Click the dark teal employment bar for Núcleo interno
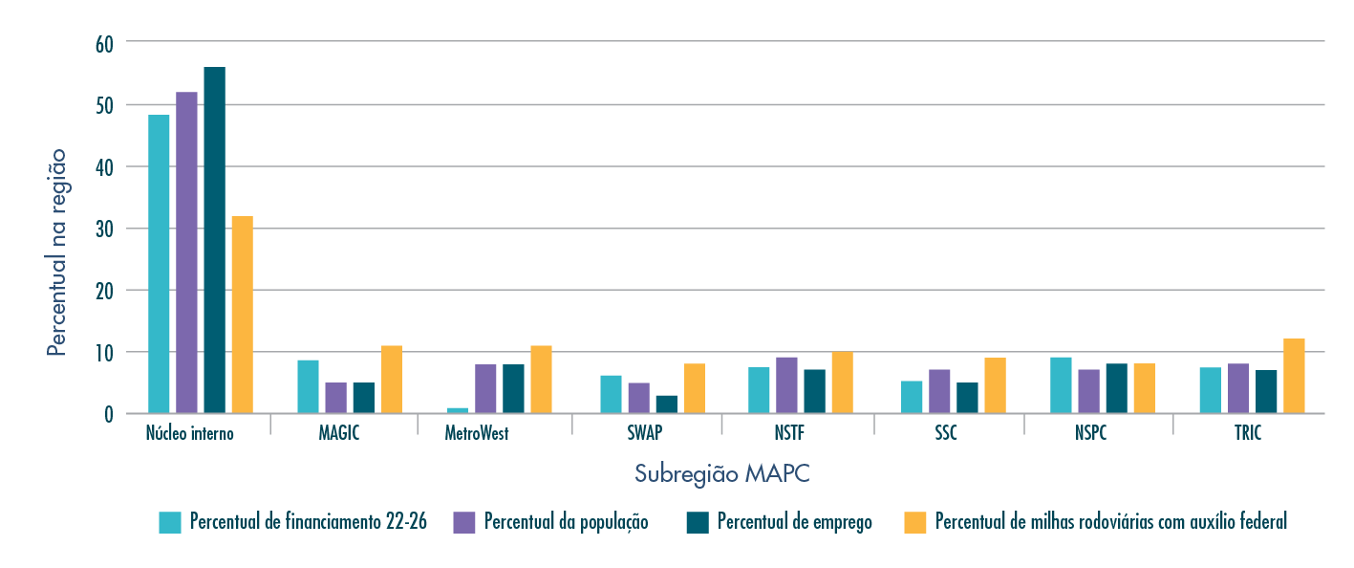click(214, 240)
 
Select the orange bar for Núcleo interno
click(242, 315)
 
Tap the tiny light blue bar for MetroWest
click(458, 410)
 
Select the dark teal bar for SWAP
click(666, 404)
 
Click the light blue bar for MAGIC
click(308, 386)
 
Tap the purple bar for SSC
click(939, 391)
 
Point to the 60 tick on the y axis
click(104, 43)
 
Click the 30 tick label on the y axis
click(104, 229)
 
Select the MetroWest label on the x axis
click(477, 433)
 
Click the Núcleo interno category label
click(189, 433)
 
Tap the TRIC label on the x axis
click(1246, 433)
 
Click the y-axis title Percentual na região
click(57, 252)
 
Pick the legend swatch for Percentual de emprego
click(698, 522)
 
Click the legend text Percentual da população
click(566, 522)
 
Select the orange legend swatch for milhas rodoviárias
click(915, 522)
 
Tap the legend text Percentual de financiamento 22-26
click(308, 522)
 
